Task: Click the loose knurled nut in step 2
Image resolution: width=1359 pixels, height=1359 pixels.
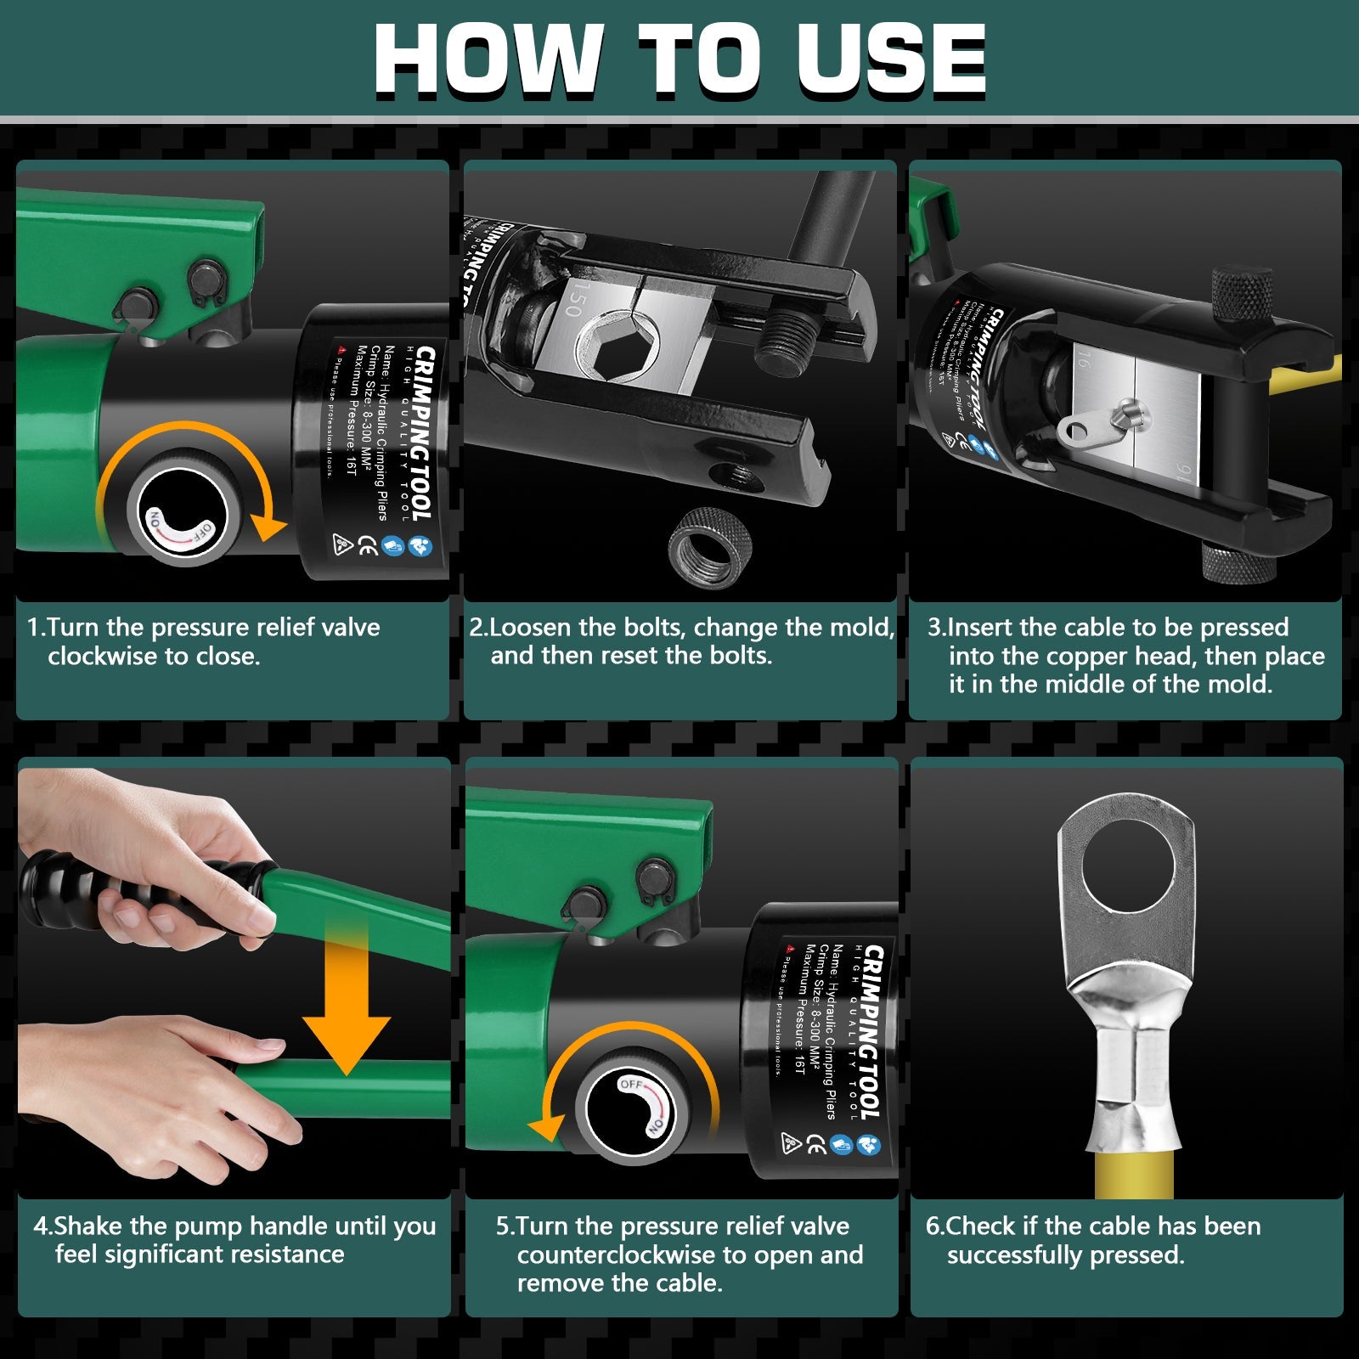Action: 710,548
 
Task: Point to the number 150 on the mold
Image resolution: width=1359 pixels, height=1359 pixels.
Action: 574,301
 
